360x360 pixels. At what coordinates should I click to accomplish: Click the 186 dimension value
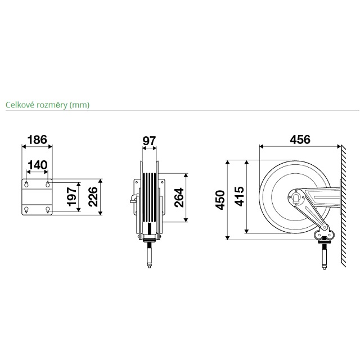coord(37,139)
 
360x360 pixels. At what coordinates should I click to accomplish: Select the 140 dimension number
coord(38,165)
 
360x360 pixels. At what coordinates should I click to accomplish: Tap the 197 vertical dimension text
coord(71,196)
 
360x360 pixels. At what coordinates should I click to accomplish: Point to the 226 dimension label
coord(93,197)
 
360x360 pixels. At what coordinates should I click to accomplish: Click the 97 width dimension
coord(149,141)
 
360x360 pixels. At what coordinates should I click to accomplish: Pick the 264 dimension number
coord(179,197)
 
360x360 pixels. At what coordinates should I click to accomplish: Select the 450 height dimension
coord(220,200)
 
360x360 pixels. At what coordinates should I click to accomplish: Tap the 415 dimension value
coord(239,196)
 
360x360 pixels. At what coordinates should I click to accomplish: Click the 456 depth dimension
coord(300,139)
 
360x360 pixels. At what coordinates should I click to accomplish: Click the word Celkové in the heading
coord(20,105)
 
